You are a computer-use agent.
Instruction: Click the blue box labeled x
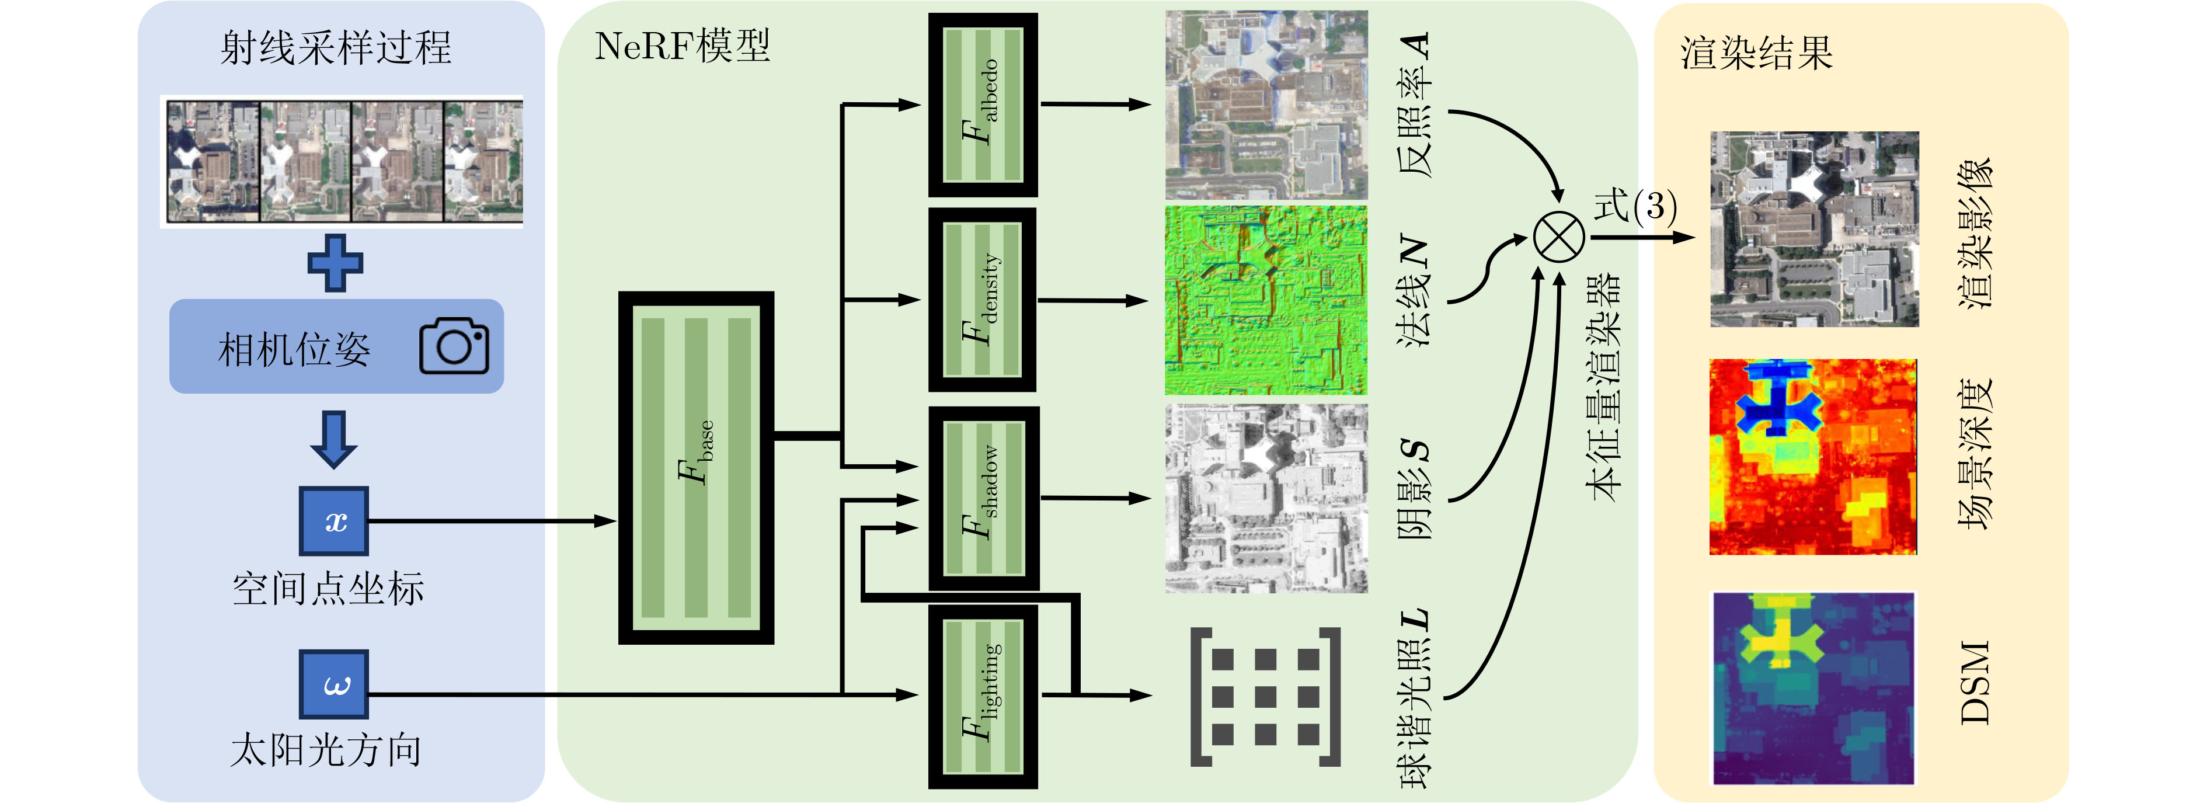(x=334, y=521)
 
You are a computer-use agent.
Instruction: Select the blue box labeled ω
(x=334, y=684)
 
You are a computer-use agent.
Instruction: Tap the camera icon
(x=454, y=346)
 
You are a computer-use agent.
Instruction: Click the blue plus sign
(x=335, y=262)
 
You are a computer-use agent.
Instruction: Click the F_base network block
(x=696, y=468)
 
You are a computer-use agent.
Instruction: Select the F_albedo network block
(x=983, y=105)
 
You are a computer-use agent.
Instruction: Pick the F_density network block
(x=983, y=300)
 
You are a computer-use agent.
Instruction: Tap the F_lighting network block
(x=983, y=696)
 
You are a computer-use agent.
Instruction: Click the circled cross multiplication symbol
(x=1558, y=237)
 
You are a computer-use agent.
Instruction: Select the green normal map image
(x=1265, y=300)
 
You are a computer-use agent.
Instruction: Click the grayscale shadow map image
(x=1265, y=499)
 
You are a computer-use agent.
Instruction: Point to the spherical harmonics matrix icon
(x=1265, y=696)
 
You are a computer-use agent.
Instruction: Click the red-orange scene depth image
(x=1813, y=457)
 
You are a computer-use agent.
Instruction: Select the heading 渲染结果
(x=1756, y=53)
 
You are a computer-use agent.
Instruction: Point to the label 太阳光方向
(x=326, y=750)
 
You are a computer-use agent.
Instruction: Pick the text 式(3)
(x=1635, y=206)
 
